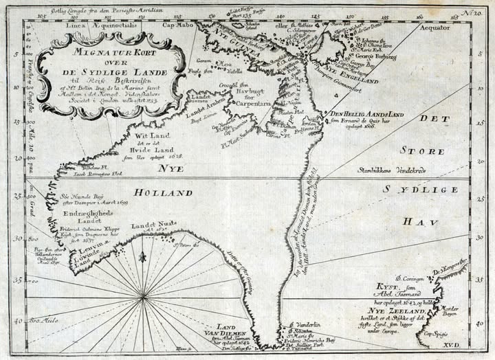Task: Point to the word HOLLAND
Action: [164, 193]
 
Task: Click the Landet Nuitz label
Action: [150, 225]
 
